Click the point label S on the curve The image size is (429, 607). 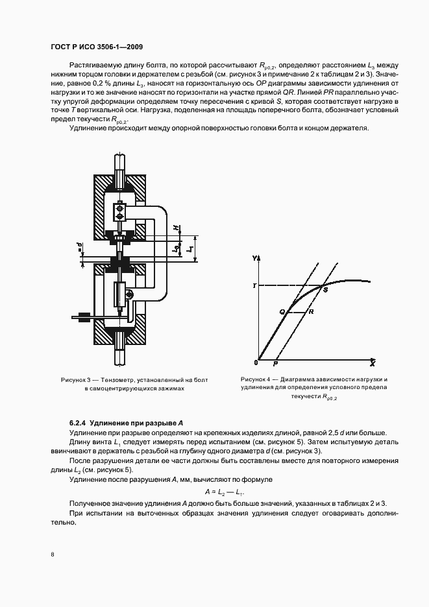(x=325, y=289)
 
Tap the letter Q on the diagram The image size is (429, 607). (x=282, y=312)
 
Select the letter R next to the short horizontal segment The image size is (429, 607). (x=312, y=312)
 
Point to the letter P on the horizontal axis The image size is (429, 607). (x=275, y=364)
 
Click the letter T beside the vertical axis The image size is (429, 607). (x=254, y=286)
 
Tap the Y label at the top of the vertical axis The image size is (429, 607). (x=254, y=258)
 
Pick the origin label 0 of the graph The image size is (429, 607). (x=256, y=363)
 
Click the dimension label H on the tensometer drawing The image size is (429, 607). (x=177, y=228)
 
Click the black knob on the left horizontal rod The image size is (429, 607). (x=84, y=318)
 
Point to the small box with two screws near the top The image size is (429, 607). (x=119, y=211)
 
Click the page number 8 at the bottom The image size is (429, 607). (x=53, y=555)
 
